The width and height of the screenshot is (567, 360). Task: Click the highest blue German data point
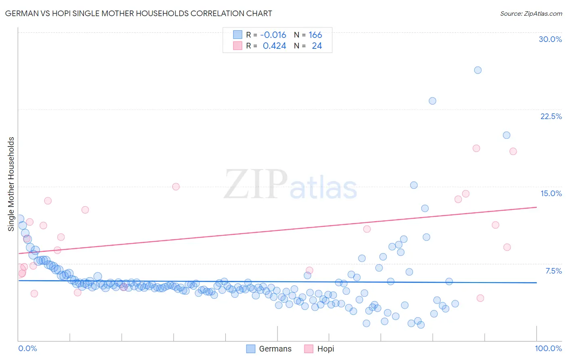[x=477, y=70]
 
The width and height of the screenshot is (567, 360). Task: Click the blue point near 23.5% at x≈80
[x=432, y=101]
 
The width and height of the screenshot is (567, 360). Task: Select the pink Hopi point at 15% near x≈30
[x=176, y=186]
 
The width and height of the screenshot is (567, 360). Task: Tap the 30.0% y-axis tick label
[x=550, y=39]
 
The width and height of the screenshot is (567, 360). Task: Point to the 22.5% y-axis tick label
[x=551, y=116]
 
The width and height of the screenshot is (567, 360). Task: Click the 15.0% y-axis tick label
[x=551, y=193]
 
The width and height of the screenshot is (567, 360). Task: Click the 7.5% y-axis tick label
[x=553, y=271]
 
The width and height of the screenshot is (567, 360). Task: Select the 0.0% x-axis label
[x=27, y=348]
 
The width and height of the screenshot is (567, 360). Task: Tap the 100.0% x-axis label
[x=548, y=348]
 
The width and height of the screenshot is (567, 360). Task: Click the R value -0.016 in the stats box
[x=273, y=35]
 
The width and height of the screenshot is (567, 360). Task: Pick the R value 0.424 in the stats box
[x=274, y=46]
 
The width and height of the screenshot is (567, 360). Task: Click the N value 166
[x=315, y=35]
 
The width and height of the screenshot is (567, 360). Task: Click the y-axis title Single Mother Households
[x=11, y=184]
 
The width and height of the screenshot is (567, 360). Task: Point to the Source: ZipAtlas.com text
[x=531, y=14]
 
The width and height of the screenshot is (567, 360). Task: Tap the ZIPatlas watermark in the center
[x=290, y=185]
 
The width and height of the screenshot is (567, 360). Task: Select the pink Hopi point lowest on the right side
[x=480, y=298]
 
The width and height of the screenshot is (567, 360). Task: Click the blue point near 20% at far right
[x=507, y=135]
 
